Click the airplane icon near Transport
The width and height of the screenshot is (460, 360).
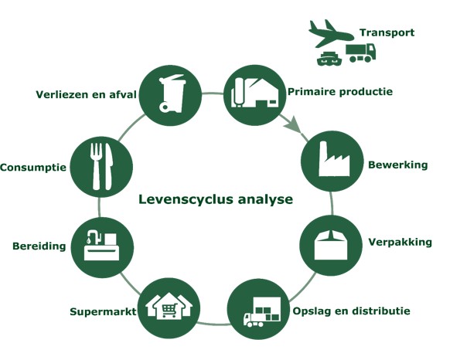331,33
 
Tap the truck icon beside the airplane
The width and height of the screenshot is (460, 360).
360,53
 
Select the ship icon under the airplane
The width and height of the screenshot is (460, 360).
329,59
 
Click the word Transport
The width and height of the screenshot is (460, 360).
387,32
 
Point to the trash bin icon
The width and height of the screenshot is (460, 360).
172,93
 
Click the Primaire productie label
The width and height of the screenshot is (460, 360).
340,91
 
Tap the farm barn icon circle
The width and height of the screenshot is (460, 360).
254,96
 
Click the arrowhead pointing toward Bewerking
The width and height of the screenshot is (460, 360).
293,126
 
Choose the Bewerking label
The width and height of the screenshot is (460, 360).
398,165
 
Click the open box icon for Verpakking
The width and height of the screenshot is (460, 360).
331,245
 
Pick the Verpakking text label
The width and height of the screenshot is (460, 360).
400,242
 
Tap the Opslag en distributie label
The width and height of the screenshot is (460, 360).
351,311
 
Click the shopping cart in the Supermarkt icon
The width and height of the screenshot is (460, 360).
169,310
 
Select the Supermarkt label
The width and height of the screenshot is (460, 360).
103,311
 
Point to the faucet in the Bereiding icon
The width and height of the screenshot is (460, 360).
94,236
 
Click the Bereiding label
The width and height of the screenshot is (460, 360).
39,246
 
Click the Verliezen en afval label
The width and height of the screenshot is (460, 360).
86,94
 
